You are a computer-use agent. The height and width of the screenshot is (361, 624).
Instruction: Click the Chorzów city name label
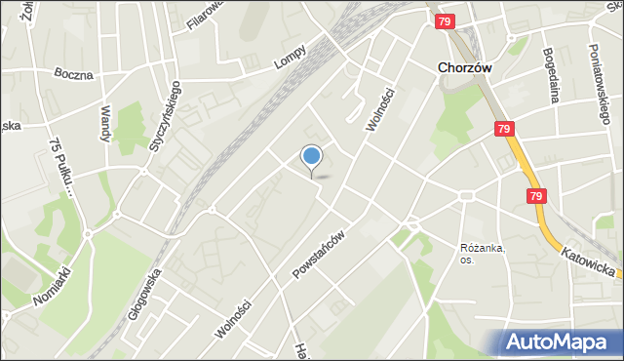(x=464, y=68)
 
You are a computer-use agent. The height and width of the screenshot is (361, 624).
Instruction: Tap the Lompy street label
(x=290, y=57)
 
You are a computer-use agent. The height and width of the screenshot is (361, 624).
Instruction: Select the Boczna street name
(x=74, y=73)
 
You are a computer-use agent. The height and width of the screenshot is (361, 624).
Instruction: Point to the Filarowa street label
(x=206, y=15)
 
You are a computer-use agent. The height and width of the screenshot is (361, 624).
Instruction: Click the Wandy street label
(x=104, y=124)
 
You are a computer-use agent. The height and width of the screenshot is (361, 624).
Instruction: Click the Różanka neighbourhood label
(x=483, y=253)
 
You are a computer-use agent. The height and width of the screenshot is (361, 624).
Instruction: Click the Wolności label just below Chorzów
(x=379, y=112)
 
